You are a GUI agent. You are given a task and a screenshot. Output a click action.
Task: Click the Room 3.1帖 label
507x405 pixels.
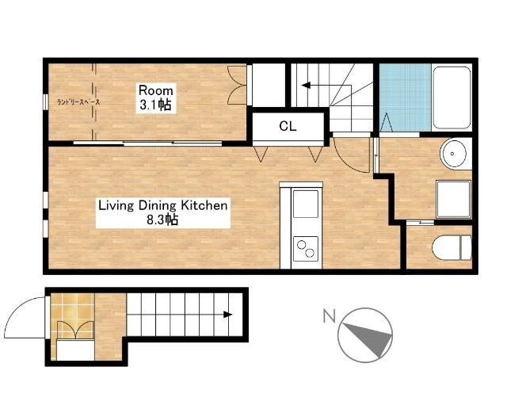point(155,97)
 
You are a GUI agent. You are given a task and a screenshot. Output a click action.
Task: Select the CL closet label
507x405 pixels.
point(288,126)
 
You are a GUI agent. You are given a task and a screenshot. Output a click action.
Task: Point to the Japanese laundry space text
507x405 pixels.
point(78,102)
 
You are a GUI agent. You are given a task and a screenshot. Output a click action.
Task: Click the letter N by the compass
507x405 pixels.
point(330,316)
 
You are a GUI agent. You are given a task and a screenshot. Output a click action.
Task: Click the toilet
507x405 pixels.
point(452,247)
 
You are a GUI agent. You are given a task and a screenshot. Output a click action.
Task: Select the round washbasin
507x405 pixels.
point(454,154)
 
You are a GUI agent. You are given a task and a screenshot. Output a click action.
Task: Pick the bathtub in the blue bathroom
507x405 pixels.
point(452,97)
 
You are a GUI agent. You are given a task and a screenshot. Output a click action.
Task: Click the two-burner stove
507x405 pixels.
point(306,248)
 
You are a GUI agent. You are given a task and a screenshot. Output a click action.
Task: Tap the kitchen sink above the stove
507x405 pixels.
point(306,204)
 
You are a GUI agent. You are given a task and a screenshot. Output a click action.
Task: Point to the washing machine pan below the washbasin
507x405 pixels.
point(453,200)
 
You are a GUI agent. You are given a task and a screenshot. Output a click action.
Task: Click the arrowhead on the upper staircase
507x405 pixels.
point(306,86)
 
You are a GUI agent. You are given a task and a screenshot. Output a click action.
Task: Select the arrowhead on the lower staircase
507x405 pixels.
point(228,315)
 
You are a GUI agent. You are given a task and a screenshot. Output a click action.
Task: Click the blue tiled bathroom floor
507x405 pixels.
point(405,97)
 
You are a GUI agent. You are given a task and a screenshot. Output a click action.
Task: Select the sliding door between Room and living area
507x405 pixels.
point(147,143)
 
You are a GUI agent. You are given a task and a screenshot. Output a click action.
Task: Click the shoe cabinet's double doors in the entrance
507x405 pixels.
point(76,330)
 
